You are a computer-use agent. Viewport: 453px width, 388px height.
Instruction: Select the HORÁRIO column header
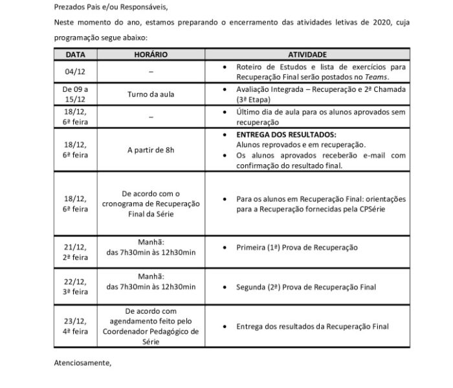pos(151,55)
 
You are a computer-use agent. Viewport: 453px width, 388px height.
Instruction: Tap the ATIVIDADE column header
pos(307,55)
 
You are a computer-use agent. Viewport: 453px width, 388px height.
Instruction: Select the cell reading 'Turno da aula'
pos(151,93)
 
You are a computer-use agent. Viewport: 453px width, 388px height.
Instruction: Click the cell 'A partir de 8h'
pos(151,150)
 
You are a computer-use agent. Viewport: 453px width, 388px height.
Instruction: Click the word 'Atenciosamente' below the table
pos(82,363)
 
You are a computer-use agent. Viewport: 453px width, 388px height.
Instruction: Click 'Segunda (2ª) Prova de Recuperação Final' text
pos(306,287)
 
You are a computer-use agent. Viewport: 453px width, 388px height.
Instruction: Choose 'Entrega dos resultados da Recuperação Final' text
pos(312,327)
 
